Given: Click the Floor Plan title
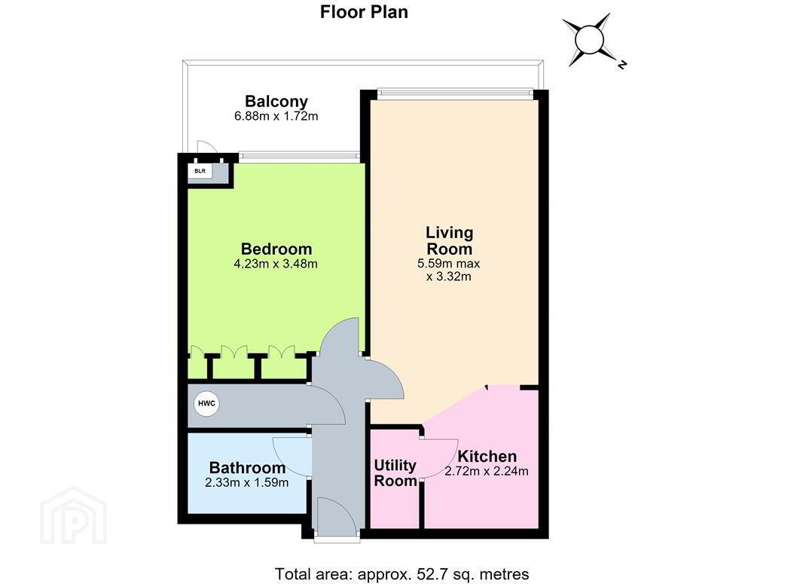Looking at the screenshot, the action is [x=364, y=12].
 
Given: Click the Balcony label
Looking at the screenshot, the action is [x=276, y=101].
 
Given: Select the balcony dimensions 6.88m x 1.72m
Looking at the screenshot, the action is [x=276, y=116].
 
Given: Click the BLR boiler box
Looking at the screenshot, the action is [x=200, y=171].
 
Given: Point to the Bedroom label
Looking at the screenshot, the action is [x=276, y=249].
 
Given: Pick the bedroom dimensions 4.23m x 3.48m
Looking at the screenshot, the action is [x=276, y=264].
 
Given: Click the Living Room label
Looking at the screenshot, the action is [x=449, y=241].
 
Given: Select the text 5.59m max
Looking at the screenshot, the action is [x=449, y=264].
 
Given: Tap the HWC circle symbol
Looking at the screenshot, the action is [x=206, y=404].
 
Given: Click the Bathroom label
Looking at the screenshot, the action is [x=247, y=468].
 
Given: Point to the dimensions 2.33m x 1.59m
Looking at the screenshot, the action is [x=247, y=482].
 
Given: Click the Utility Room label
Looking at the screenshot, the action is [x=395, y=472].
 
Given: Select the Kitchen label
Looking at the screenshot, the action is [x=487, y=456].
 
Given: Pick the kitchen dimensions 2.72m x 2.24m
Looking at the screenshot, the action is [x=487, y=471].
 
